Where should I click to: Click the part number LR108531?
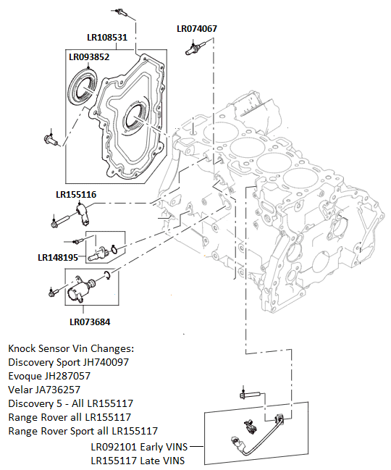click(x=107, y=37)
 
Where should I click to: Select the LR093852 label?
click(x=89, y=56)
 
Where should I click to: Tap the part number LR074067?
click(x=197, y=29)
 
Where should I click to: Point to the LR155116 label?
click(x=76, y=195)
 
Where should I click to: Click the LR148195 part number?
click(x=57, y=257)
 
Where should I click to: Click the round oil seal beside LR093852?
click(x=81, y=85)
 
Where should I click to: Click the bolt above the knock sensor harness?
click(x=246, y=396)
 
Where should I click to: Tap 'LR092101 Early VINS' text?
click(x=138, y=446)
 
